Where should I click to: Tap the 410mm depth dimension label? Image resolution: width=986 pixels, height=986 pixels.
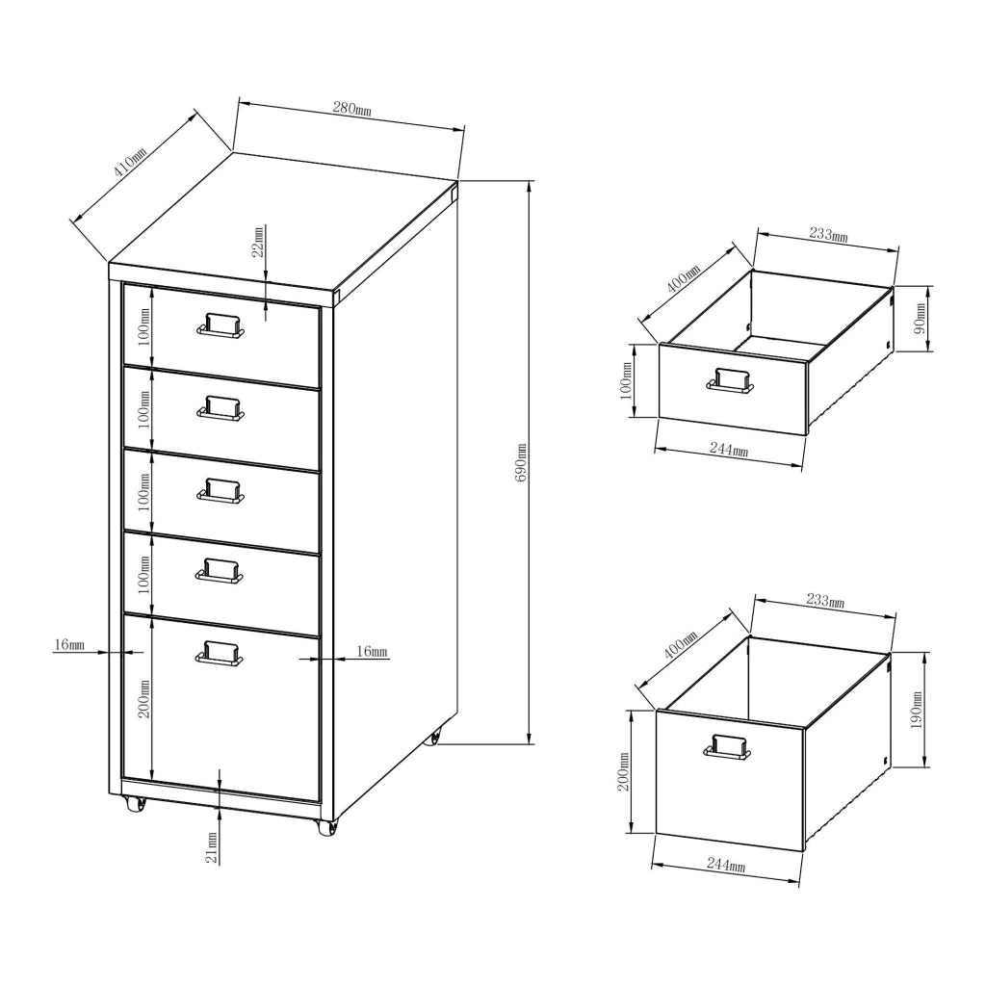(130, 163)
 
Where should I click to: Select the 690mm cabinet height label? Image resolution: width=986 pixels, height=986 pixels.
(521, 462)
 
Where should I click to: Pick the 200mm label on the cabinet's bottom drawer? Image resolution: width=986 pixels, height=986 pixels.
(144, 698)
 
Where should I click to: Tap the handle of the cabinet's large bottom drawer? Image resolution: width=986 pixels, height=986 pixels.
(220, 654)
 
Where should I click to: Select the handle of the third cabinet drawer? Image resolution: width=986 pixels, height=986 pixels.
(221, 491)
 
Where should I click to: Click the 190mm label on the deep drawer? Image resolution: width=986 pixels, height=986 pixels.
(917, 710)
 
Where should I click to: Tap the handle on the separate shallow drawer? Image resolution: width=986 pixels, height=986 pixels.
(731, 380)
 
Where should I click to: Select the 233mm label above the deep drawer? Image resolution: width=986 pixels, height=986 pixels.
(823, 602)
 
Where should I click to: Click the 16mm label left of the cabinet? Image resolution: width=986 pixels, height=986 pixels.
(69, 644)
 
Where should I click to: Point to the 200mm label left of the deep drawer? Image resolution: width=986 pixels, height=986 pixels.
(623, 772)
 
